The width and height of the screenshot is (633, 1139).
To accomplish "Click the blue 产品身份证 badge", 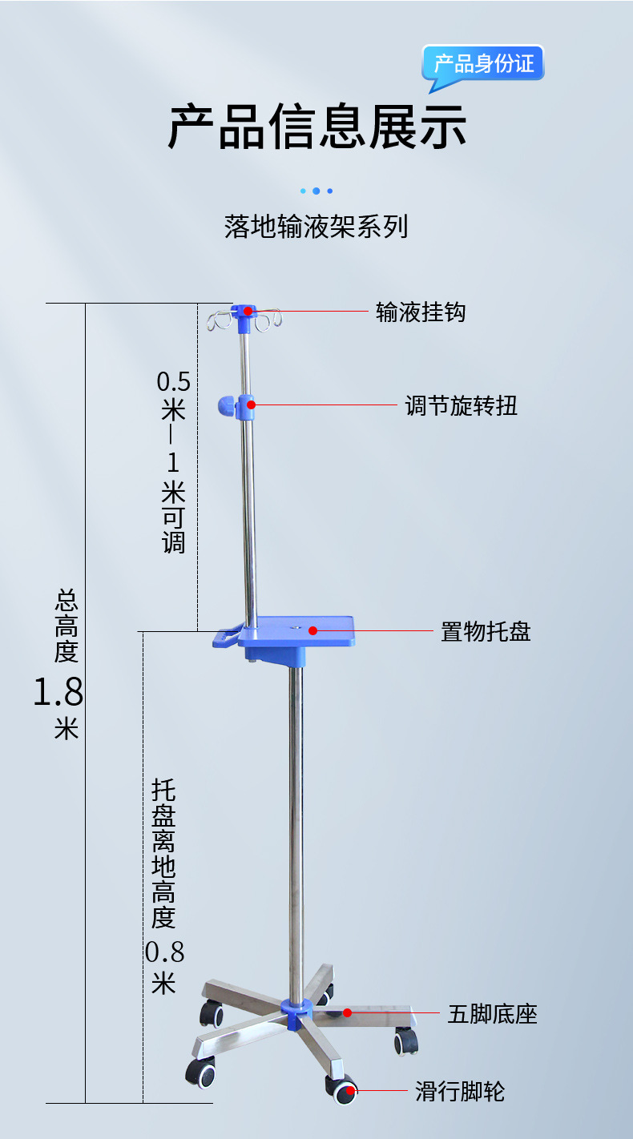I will (484, 63).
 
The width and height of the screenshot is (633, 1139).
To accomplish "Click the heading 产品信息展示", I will (316, 127).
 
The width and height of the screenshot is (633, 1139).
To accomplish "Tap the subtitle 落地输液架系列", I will (316, 227).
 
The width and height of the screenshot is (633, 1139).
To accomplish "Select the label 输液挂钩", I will (421, 312).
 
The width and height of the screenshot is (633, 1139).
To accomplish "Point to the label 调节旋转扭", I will (461, 405).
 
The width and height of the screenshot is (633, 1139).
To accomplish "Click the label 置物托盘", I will (486, 631).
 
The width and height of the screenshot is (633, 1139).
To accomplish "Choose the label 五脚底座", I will (492, 1014).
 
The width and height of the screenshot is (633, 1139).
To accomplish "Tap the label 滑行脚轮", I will (460, 1091).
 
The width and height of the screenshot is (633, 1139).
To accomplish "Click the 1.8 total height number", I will (58, 692).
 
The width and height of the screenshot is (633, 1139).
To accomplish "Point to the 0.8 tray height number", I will (165, 952).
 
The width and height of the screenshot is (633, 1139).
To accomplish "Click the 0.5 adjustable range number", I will (174, 380).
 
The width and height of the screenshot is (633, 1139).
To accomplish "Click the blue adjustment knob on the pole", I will (226, 406).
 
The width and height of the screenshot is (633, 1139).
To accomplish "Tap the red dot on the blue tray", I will (313, 630).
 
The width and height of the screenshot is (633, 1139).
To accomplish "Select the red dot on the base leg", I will (348, 1012).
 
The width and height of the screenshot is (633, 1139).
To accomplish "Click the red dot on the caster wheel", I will (350, 1090).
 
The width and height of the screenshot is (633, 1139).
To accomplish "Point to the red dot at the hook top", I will (249, 311).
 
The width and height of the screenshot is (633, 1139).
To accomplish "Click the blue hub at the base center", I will (296, 1011).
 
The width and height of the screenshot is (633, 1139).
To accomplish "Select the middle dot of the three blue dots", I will (316, 191).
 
